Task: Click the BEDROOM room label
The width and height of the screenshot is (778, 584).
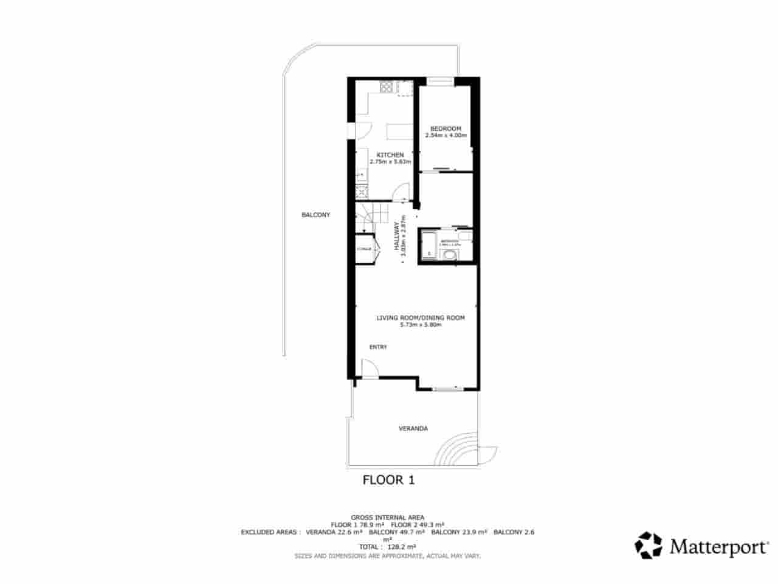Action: (x=446, y=128)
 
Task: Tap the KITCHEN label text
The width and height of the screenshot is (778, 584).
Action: (x=390, y=155)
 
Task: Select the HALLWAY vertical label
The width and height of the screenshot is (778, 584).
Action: (x=396, y=235)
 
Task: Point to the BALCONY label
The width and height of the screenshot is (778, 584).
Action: (x=315, y=215)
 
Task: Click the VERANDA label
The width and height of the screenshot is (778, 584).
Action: (x=413, y=429)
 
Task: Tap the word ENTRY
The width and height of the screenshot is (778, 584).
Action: (x=378, y=347)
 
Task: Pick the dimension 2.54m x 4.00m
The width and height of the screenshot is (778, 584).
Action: (x=446, y=135)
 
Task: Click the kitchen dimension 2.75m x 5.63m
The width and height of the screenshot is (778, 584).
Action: (x=390, y=162)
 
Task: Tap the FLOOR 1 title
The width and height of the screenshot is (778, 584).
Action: (x=388, y=480)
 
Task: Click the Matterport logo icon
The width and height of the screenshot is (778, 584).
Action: (x=649, y=545)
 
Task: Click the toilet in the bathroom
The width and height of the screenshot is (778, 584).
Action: (x=448, y=256)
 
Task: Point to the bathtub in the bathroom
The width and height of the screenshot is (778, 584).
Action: (x=429, y=246)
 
